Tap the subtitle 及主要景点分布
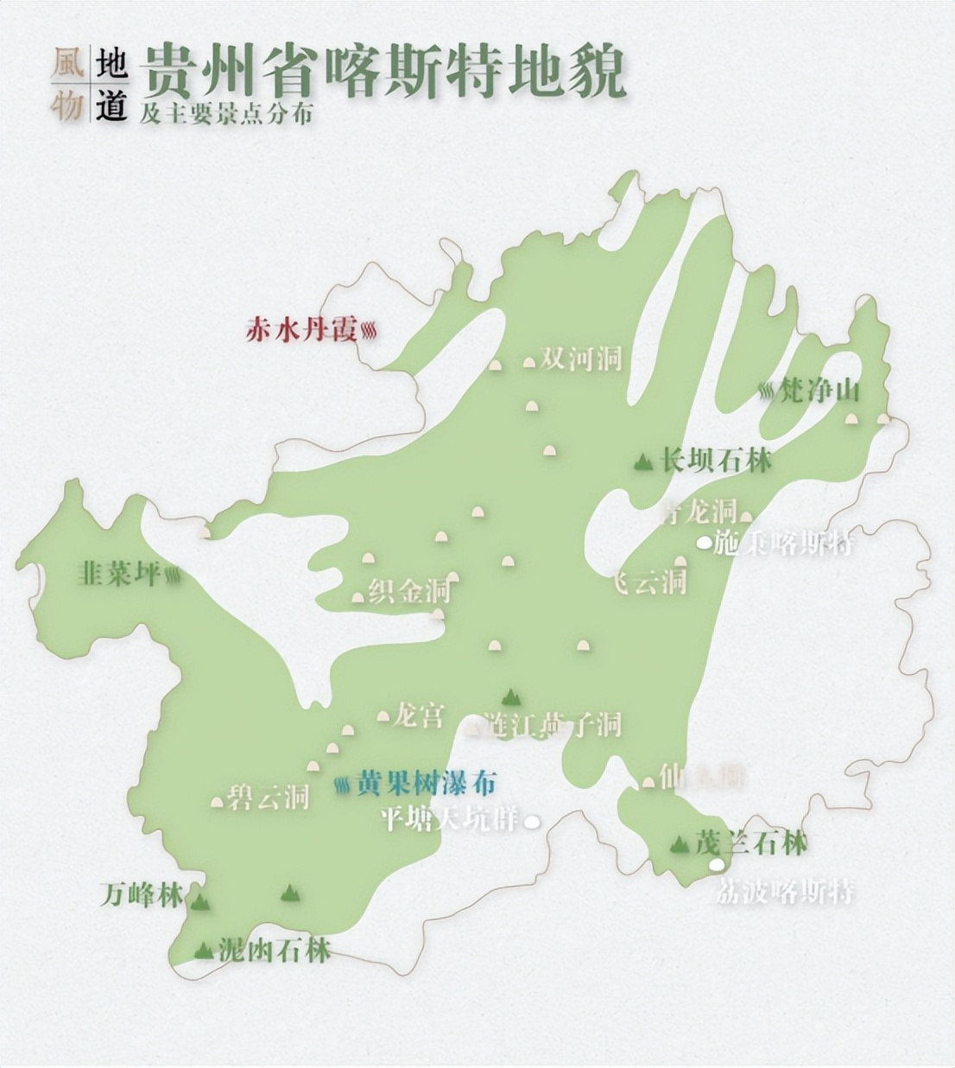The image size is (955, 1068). coord(226,113)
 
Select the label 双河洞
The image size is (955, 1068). coord(581,359)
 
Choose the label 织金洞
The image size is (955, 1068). coord(409,592)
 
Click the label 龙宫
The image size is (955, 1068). coord(419,716)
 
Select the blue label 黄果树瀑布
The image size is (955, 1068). coord(427,785)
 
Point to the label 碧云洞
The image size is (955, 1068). coord(269,797)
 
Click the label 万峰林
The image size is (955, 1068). coord(141,895)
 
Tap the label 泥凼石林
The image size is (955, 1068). coord(275,951)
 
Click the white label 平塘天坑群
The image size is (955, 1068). coord(450,818)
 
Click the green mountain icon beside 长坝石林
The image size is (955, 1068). coord(642,462)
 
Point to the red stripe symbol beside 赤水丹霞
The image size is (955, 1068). coord(369,330)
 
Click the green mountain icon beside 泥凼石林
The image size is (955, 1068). coord(204,950)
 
